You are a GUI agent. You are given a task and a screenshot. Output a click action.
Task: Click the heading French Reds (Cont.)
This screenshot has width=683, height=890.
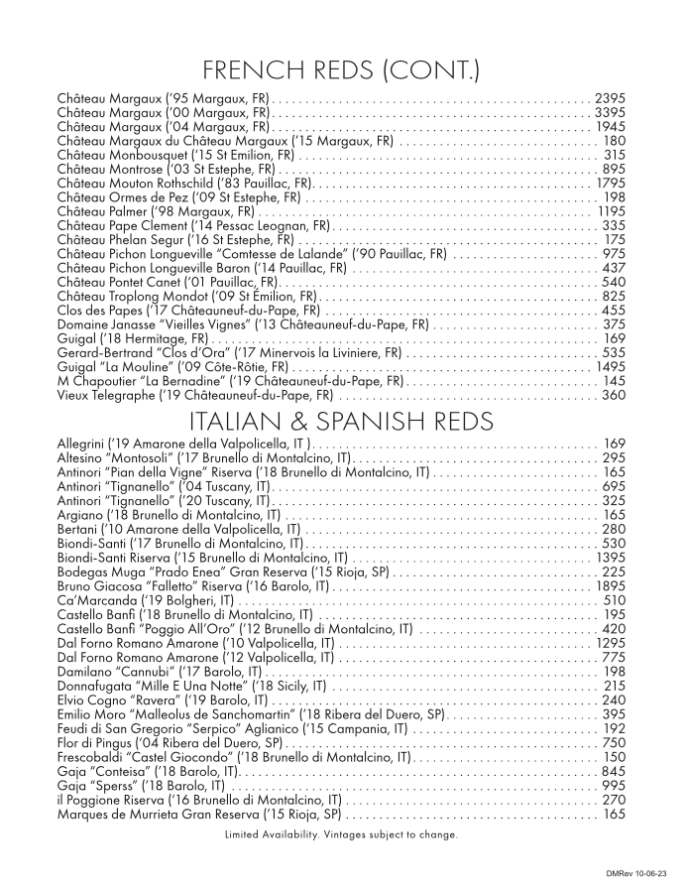pyautogui.click(x=341, y=70)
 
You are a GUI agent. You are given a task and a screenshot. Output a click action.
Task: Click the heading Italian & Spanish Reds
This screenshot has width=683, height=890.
pyautogui.click(x=341, y=421)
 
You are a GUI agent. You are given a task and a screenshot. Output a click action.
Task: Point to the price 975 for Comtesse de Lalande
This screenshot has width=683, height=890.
pyautogui.click(x=614, y=254)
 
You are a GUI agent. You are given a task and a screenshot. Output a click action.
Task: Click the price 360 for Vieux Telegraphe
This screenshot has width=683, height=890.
pyautogui.click(x=614, y=395)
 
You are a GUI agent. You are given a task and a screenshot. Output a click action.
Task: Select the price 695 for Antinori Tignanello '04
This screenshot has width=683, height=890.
pyautogui.click(x=614, y=487)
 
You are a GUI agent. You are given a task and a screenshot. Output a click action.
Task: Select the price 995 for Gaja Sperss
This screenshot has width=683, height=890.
pyautogui.click(x=614, y=785)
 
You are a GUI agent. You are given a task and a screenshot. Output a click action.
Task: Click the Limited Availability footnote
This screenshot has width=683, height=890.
pyautogui.click(x=341, y=834)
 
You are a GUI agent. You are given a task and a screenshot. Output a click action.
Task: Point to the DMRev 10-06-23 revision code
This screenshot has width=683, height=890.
pyautogui.click(x=634, y=872)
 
